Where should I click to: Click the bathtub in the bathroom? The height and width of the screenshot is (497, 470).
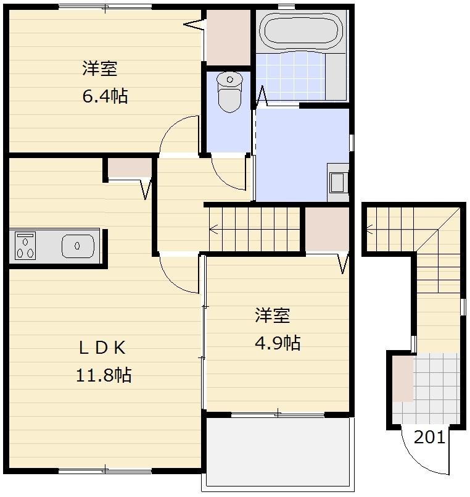(x=300, y=31)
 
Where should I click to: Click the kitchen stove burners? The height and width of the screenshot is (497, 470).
(x=25, y=246)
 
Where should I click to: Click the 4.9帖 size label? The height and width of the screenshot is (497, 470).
(x=278, y=343)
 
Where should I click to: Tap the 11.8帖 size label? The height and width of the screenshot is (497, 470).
(x=104, y=374)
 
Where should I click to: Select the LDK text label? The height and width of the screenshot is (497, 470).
(x=102, y=348)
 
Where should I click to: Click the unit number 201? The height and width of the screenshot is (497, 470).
(x=429, y=437)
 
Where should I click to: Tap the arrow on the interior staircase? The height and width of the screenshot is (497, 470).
(x=214, y=230)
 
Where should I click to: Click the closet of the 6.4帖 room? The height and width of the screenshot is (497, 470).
(x=228, y=37)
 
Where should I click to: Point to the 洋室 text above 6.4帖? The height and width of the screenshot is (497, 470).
(x=100, y=69)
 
